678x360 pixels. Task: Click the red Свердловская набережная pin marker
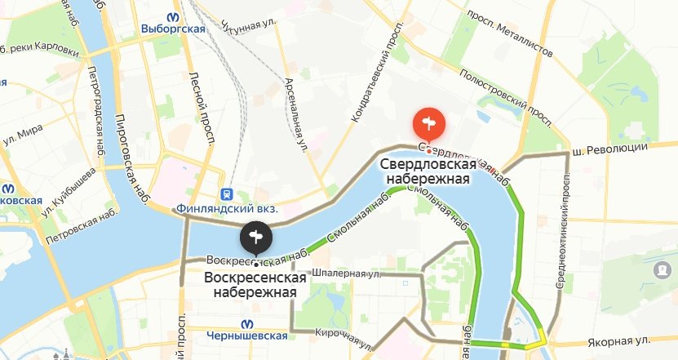point(428,126)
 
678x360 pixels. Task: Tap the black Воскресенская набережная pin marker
point(256,238)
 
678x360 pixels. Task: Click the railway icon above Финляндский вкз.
point(226,194)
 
